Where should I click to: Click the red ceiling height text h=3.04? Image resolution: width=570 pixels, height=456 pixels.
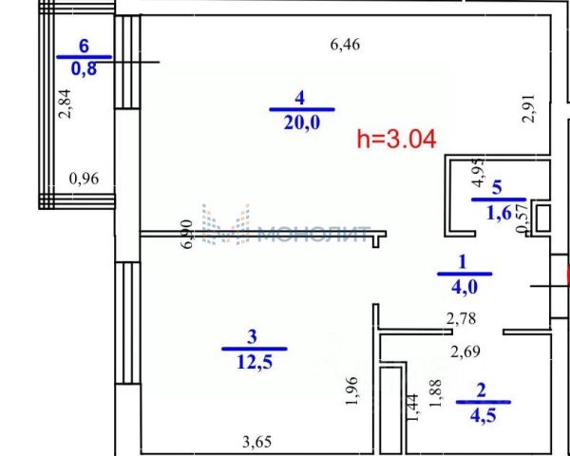396,140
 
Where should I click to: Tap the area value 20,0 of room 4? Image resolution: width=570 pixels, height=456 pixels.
302,123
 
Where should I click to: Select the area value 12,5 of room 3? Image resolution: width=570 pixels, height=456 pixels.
255,362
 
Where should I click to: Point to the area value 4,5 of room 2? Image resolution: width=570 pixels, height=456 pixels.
484,415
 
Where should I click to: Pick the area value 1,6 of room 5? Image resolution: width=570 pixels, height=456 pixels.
499,214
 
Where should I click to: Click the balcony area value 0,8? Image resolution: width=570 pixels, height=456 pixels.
84,68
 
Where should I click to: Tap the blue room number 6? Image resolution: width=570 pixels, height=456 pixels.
84,47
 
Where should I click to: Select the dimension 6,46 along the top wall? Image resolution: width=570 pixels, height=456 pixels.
346,45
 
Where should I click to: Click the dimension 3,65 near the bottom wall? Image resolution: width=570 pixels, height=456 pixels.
257,443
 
